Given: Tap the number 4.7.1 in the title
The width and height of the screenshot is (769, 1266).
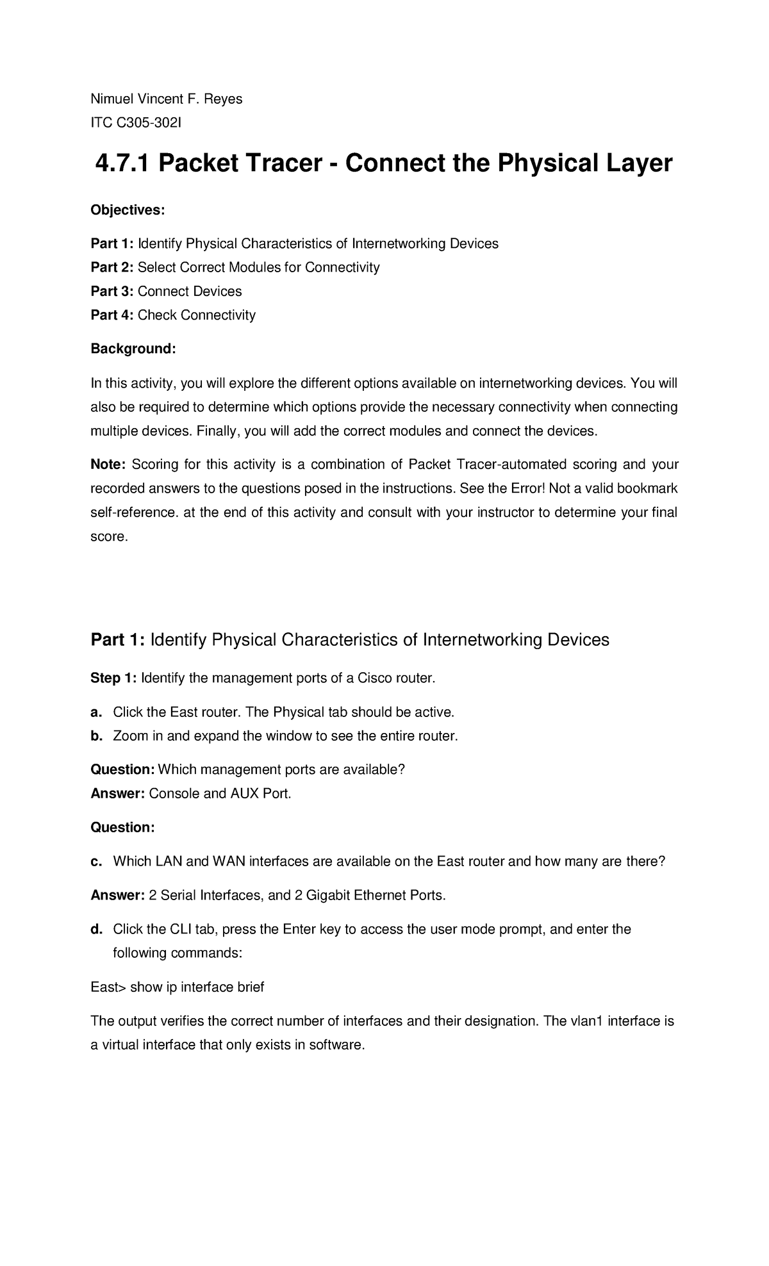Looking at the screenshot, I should click(x=122, y=164).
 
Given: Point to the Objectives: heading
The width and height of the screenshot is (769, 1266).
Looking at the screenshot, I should click(x=128, y=210).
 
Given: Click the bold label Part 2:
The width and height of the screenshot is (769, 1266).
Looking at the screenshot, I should click(x=112, y=267).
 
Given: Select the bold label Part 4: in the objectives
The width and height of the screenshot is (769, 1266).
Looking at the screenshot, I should click(x=112, y=315).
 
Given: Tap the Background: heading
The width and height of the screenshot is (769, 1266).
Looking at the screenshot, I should click(x=133, y=349).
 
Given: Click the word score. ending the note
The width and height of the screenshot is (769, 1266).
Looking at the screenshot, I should click(x=109, y=537).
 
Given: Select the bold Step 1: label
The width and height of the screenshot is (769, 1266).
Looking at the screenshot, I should click(x=113, y=678).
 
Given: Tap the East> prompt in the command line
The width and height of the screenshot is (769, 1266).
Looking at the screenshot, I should click(x=108, y=987).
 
